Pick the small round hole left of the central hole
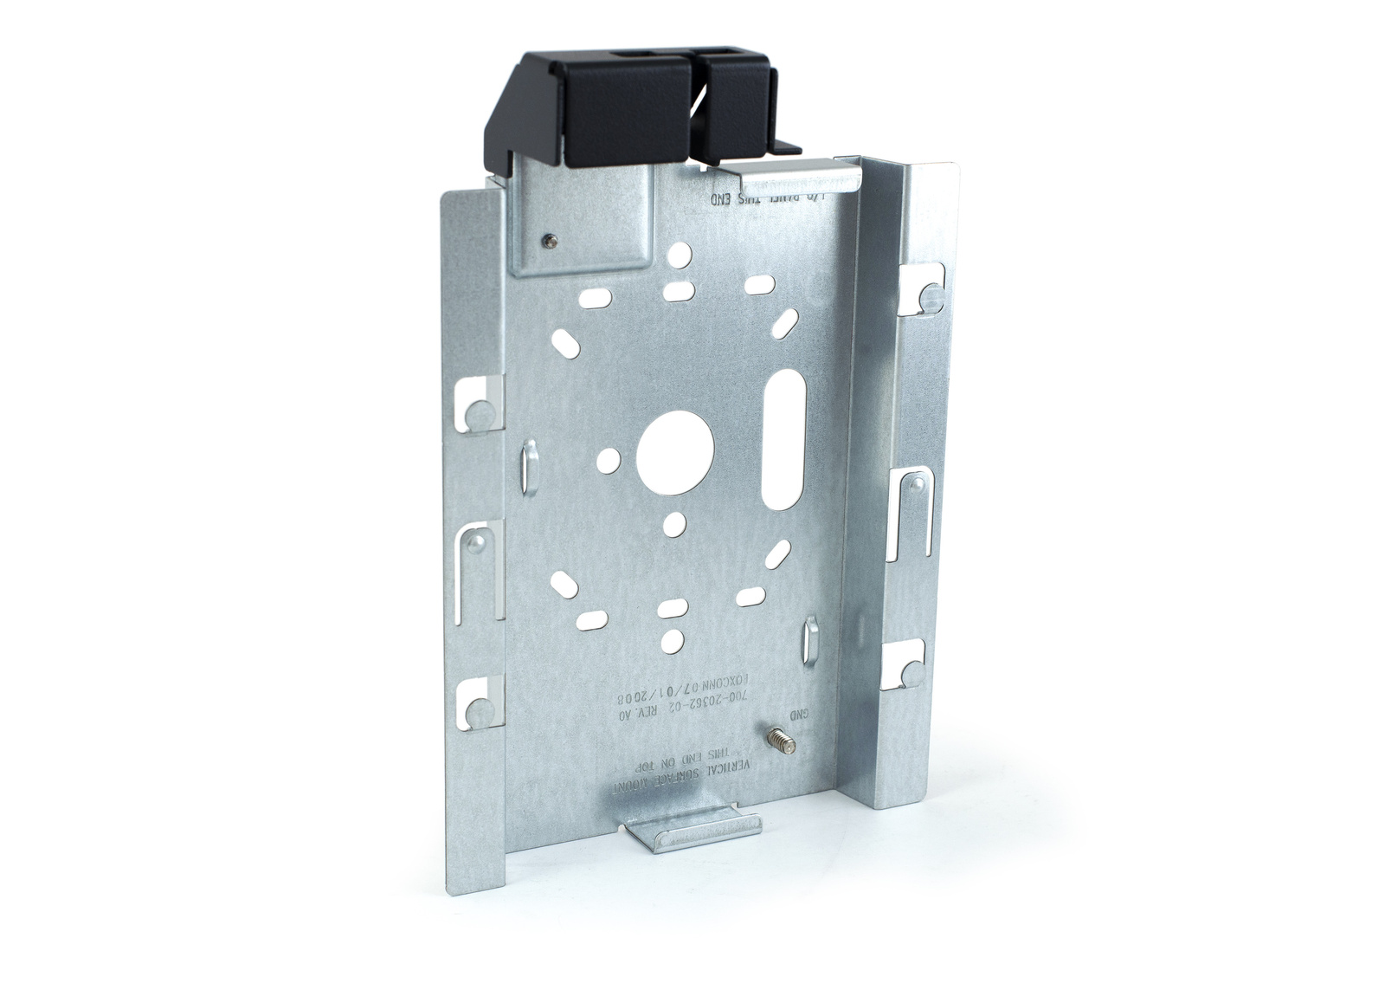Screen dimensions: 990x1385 pos(613,456)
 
